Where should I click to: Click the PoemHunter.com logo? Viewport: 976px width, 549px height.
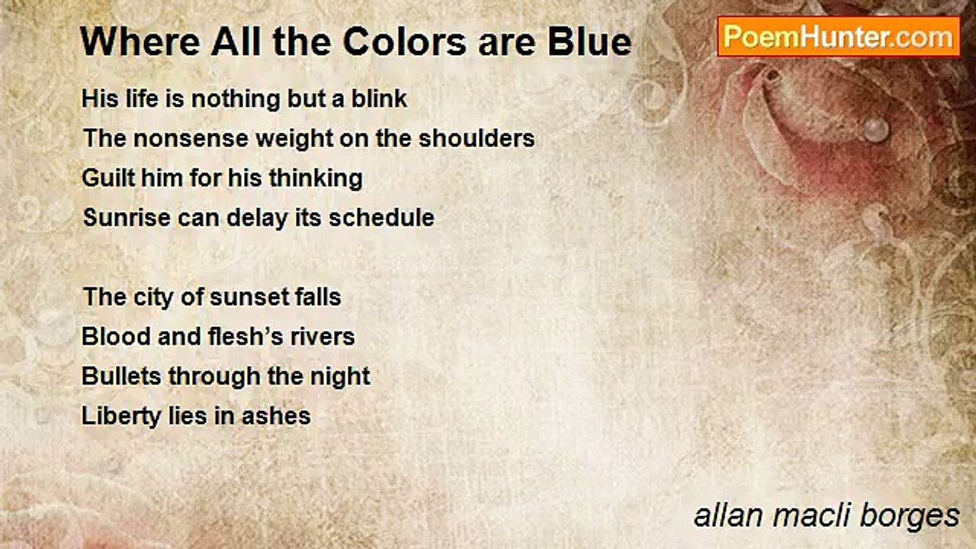coord(838,37)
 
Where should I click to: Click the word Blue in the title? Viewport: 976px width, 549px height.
coord(592,43)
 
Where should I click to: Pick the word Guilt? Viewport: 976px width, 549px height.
coord(107,178)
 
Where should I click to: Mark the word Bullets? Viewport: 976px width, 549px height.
coord(122,377)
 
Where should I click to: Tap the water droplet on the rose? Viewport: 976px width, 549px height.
coord(877,128)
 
